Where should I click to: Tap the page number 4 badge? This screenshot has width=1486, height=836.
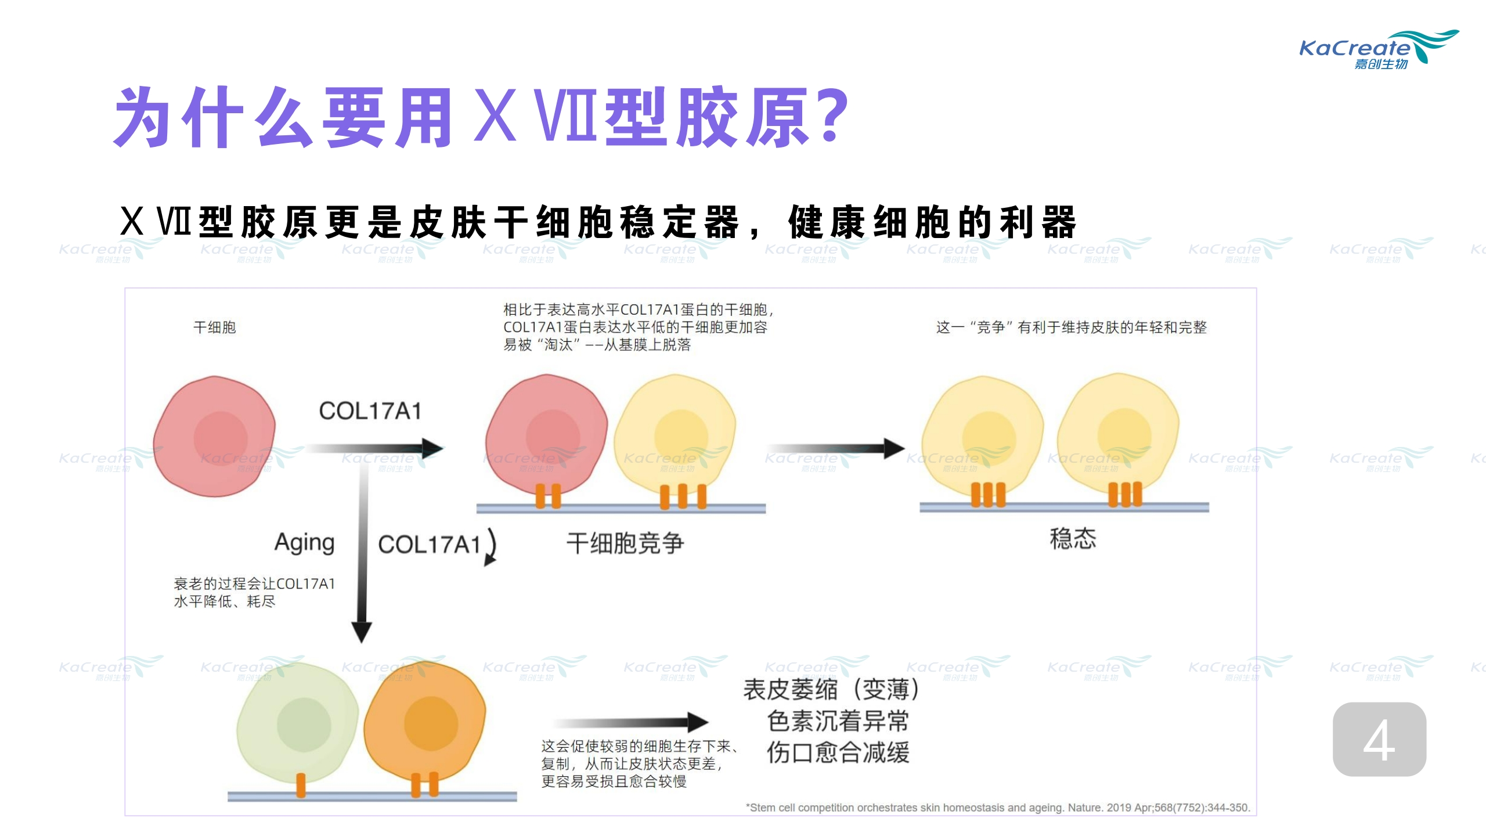[x=1379, y=739]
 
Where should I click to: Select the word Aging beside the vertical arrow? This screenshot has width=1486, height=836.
[x=304, y=543]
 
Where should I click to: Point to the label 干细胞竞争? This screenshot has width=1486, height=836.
[x=625, y=543]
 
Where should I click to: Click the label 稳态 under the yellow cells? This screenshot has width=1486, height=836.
[x=1073, y=539]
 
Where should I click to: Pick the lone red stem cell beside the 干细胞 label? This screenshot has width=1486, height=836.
[x=215, y=435]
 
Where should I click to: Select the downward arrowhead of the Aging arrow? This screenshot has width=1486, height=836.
[x=362, y=632]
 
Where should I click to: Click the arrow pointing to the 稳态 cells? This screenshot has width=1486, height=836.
[x=836, y=448]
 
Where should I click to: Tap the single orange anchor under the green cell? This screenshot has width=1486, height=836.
[x=301, y=785]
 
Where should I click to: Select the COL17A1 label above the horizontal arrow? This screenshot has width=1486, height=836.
[x=370, y=411]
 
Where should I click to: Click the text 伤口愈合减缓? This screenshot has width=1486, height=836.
[x=838, y=753]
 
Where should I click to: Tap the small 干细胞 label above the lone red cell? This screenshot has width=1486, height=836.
[x=214, y=327]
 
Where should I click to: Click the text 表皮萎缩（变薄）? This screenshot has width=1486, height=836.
[x=831, y=690]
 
